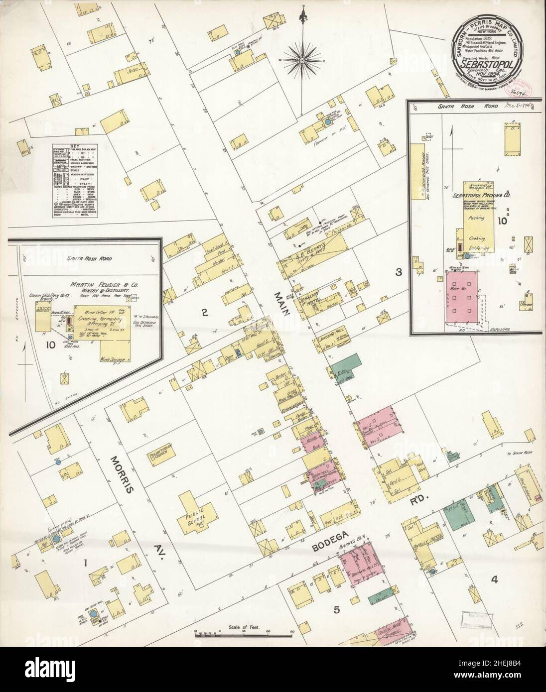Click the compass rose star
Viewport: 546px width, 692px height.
tap(302, 61)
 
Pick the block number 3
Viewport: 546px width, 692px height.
tap(398, 272)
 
